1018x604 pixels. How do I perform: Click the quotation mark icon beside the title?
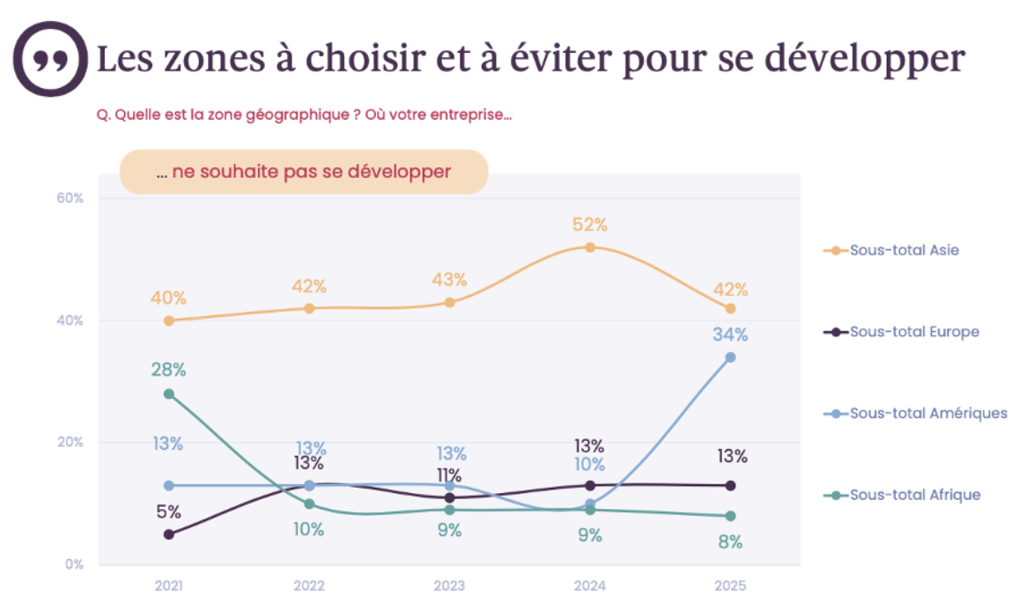[49, 59]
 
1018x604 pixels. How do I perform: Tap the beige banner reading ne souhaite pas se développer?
[304, 172]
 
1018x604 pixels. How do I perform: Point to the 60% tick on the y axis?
[71, 198]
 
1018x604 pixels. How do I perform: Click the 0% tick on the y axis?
[74, 564]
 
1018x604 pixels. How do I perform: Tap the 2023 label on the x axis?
[449, 586]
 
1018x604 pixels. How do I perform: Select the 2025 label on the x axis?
[730, 586]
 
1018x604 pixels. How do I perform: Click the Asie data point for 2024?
[590, 247]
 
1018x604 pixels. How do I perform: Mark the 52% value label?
[590, 225]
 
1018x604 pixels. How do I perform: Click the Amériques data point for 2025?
[730, 357]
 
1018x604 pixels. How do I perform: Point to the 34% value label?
[730, 335]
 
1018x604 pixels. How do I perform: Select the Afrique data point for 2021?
[168, 394]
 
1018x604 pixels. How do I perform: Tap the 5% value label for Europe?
[168, 512]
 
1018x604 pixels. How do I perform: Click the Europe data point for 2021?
[168, 534]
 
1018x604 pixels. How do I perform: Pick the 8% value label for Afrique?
[730, 541]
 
